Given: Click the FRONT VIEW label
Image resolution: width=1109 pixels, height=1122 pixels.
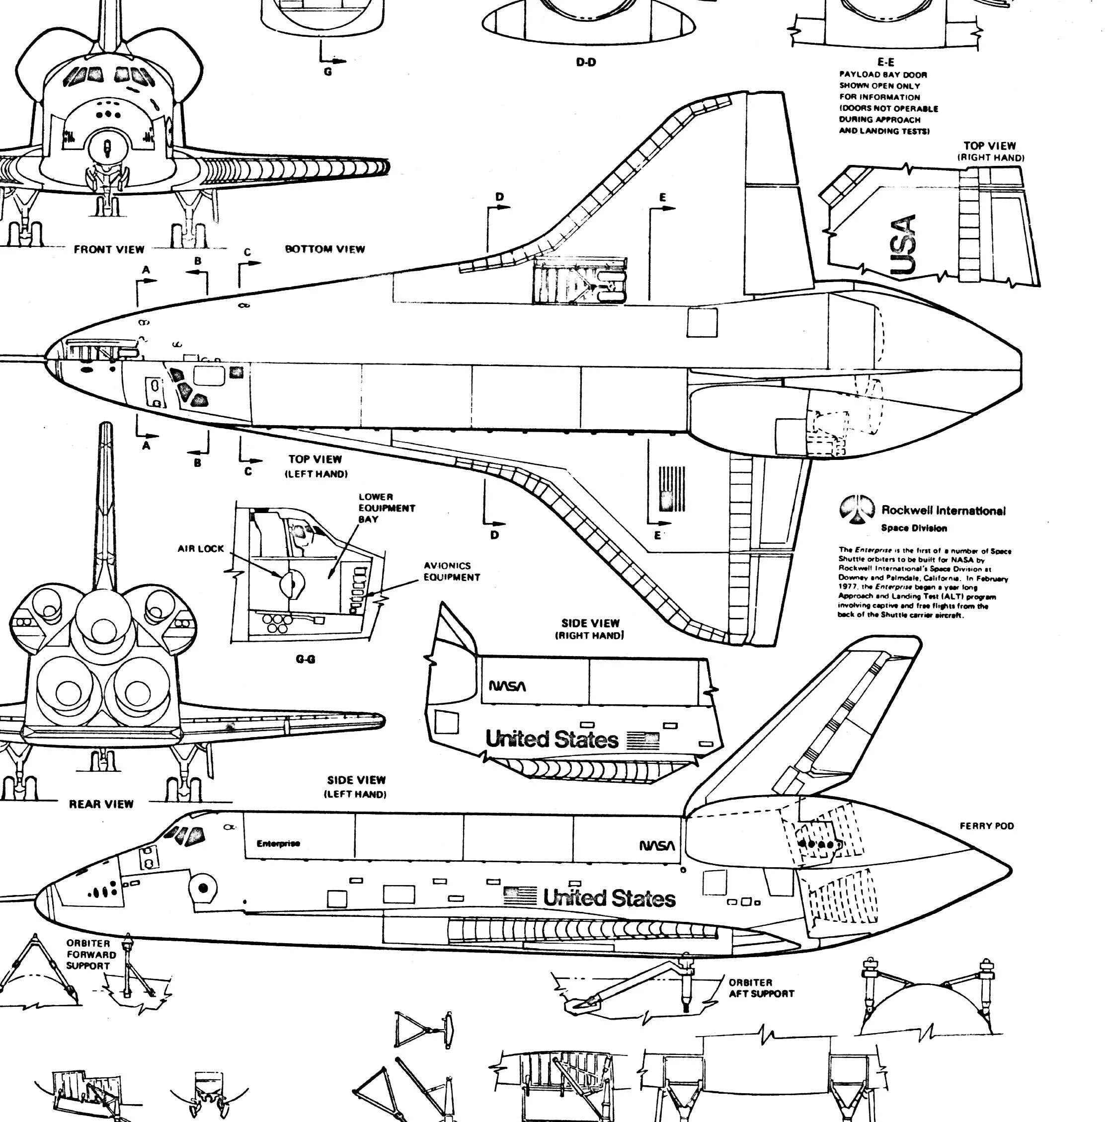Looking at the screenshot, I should (x=109, y=250).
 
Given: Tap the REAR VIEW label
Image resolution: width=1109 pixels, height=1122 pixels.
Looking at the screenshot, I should (x=101, y=804).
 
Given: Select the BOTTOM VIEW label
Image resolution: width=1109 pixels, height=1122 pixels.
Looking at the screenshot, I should (x=325, y=249).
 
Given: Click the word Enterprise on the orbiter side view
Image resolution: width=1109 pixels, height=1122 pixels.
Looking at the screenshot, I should (x=278, y=843).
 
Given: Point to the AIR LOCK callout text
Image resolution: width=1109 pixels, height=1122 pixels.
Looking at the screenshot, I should (x=200, y=549).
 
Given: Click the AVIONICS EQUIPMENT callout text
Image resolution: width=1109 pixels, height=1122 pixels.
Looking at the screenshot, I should (x=451, y=572).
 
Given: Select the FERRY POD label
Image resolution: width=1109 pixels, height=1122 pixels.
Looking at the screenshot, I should (x=986, y=826).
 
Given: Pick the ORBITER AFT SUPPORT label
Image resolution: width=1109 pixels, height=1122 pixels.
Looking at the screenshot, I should (x=761, y=988).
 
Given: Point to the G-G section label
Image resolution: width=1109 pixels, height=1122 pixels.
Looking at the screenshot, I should (x=305, y=659).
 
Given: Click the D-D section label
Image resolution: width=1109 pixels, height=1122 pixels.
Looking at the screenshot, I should (x=586, y=62).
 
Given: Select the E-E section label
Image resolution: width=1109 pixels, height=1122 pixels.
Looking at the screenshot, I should (x=885, y=62).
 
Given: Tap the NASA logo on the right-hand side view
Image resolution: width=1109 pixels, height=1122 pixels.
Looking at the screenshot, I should (x=507, y=686).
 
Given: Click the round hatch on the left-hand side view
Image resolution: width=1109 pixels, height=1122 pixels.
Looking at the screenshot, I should (x=203, y=888).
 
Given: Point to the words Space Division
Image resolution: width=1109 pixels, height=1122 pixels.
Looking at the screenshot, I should (x=914, y=528).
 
